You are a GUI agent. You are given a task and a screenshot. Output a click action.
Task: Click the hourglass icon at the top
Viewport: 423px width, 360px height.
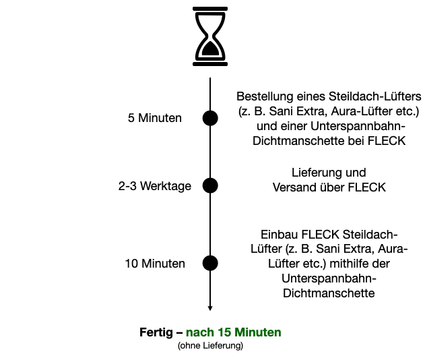211,36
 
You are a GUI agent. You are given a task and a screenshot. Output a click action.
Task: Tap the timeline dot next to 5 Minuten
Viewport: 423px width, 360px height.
211,118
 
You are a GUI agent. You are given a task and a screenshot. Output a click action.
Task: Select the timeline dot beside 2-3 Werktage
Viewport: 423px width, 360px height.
211,185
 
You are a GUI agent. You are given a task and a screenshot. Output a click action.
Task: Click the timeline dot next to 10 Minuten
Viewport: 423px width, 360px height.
211,263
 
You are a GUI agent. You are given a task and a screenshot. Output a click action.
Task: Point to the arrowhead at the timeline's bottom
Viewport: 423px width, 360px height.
211,308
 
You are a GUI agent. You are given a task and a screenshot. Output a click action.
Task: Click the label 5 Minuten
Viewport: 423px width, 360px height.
155,119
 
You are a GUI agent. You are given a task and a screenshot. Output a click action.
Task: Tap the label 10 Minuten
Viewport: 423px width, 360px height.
155,264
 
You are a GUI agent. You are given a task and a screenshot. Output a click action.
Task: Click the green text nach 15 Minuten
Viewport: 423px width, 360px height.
234,332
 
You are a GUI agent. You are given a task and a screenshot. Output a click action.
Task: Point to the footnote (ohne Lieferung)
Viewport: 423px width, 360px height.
210,346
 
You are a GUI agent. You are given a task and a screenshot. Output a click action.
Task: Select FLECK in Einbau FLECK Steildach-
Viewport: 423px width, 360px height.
317,234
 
